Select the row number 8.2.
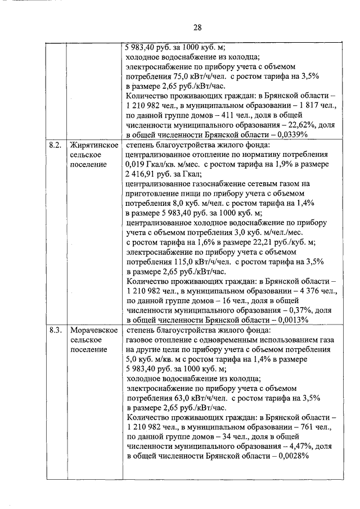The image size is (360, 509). coord(55,145)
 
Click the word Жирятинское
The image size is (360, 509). coord(93,145)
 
